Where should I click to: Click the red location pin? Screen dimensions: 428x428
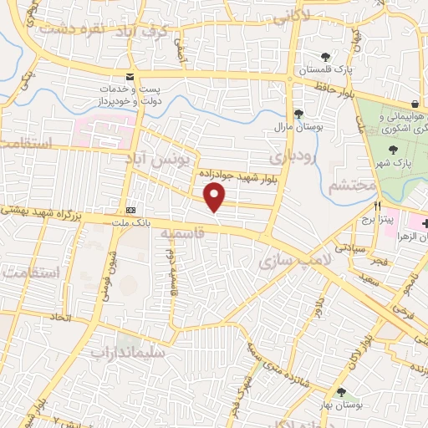(x=216, y=197)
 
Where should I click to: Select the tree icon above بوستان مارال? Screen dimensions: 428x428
(x=298, y=115)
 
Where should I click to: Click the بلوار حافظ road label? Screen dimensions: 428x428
(x=336, y=87)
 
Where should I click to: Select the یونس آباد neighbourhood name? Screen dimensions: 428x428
(x=159, y=156)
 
